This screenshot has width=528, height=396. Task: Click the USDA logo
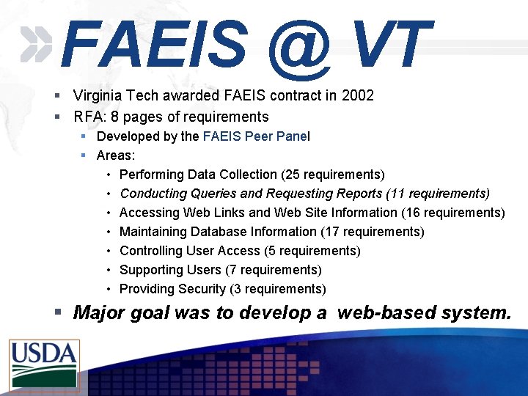click(x=44, y=364)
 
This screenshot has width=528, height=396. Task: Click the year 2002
click(x=358, y=95)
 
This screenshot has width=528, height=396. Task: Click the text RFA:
click(x=90, y=117)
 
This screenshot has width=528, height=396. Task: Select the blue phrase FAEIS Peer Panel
click(x=256, y=136)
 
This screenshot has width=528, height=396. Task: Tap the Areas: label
click(x=116, y=155)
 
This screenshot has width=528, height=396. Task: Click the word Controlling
click(x=152, y=251)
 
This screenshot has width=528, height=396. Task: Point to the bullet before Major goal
click(x=58, y=313)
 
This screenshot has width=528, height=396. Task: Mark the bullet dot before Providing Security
click(x=108, y=289)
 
